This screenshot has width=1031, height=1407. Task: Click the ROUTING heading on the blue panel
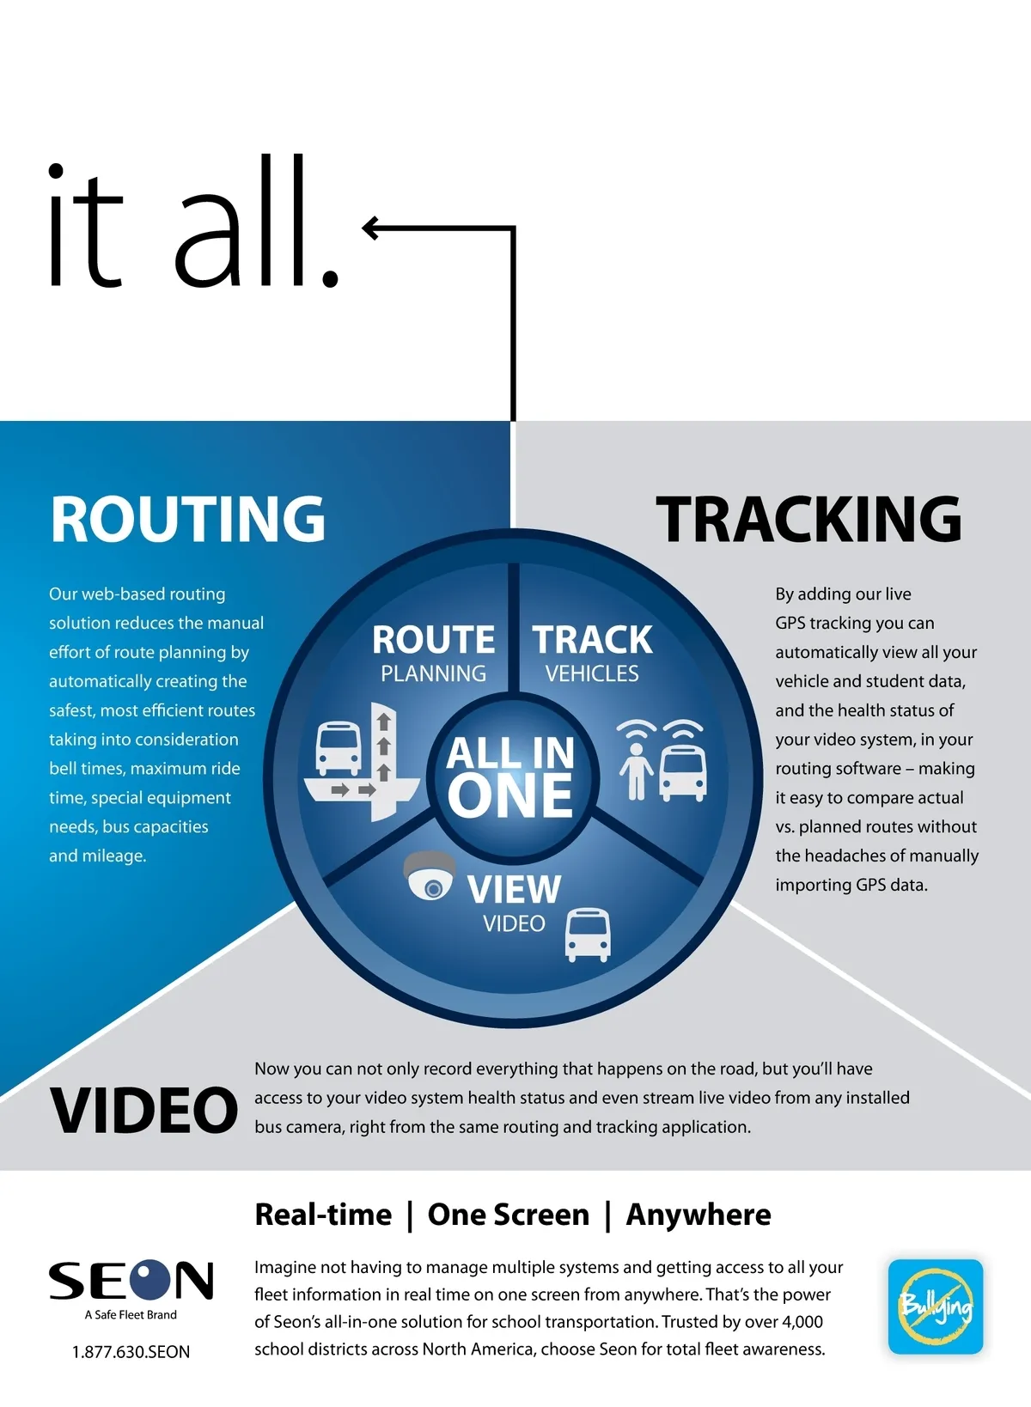[188, 519]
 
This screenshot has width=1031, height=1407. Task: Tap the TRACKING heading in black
[808, 519]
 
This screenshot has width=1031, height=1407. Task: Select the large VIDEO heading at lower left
[143, 1111]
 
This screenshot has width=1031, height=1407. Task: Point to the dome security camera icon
[430, 876]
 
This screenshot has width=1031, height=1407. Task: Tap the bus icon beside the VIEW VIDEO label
[588, 935]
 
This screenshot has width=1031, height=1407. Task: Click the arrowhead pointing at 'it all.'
[370, 228]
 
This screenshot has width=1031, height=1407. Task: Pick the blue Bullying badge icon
[936, 1306]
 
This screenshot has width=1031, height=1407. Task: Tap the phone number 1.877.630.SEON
[131, 1352]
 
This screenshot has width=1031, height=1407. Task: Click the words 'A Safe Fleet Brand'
[131, 1315]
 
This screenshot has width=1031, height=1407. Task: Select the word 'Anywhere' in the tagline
[698, 1215]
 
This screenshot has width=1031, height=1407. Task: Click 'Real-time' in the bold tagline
[323, 1215]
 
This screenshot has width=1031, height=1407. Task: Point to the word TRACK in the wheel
[593, 640]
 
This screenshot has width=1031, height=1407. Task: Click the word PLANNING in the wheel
[434, 674]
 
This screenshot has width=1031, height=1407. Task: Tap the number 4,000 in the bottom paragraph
[802, 1322]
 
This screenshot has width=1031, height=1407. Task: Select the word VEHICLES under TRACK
[592, 674]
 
